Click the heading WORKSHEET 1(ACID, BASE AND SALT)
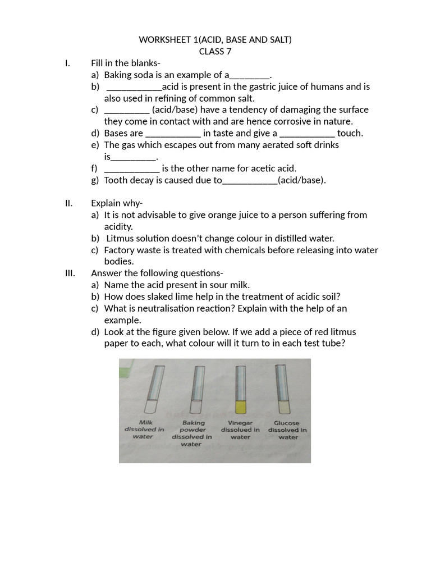click(215, 40)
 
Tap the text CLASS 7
click(215, 52)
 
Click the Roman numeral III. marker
click(71, 273)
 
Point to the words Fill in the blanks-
click(126, 63)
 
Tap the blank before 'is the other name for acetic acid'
click(132, 168)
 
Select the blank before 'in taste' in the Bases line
click(173, 134)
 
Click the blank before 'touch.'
click(307, 134)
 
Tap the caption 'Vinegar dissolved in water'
click(240, 430)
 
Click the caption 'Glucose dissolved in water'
click(287, 430)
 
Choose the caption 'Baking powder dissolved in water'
click(192, 433)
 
